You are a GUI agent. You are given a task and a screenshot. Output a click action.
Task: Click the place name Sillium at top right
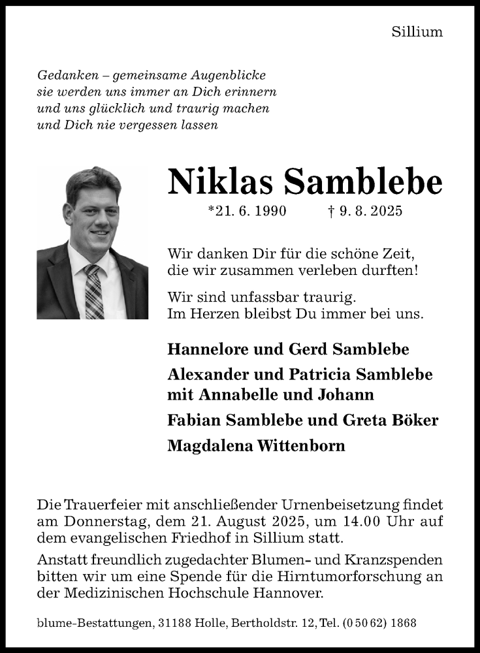click(417, 31)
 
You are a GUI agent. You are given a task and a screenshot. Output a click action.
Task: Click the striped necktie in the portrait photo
click(93, 291)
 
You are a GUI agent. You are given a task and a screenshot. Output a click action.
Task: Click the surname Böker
click(415, 420)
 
